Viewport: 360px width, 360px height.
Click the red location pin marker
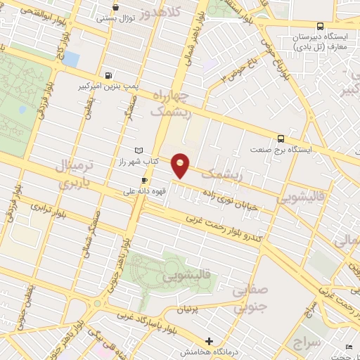pos(181,165)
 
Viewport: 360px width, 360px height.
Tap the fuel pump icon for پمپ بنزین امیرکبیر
pos(108,76)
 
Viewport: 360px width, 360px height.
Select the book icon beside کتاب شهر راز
pos(139,150)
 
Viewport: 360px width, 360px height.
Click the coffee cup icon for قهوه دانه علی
pos(144,180)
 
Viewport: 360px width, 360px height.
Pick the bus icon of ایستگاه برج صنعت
pos(281,139)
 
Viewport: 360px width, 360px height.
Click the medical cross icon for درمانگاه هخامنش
pos(209,341)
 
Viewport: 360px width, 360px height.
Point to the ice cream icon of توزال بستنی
pos(115,8)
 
